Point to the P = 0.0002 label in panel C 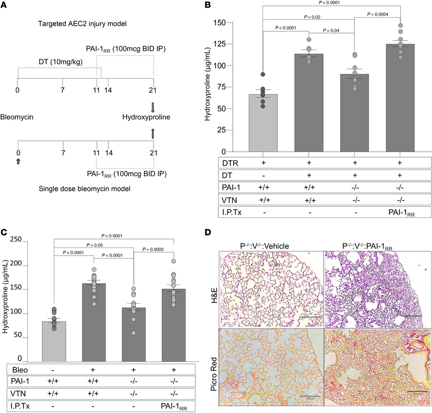[151, 262]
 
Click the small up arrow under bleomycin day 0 [18, 149]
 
